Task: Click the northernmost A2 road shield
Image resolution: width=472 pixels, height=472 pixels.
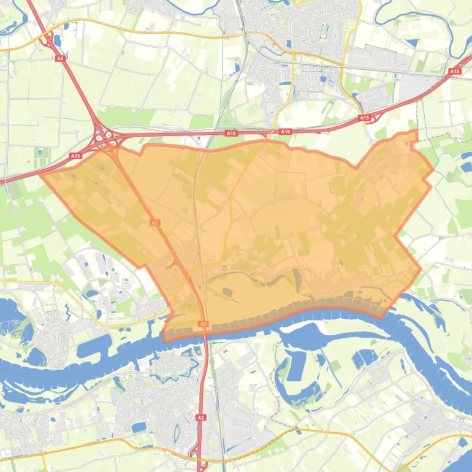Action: [x=60, y=58]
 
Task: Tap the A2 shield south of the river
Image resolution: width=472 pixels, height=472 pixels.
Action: [x=200, y=417]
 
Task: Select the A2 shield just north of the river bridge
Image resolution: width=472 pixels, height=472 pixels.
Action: [x=203, y=324]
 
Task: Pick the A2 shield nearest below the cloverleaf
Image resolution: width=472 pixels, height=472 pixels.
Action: [x=156, y=223]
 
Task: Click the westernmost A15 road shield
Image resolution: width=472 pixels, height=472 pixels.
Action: [x=75, y=156]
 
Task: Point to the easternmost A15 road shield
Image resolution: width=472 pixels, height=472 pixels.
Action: [x=454, y=72]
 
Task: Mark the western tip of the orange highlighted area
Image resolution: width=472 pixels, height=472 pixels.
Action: [x=41, y=175]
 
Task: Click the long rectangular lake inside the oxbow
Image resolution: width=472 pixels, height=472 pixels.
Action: [x=302, y=367]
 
